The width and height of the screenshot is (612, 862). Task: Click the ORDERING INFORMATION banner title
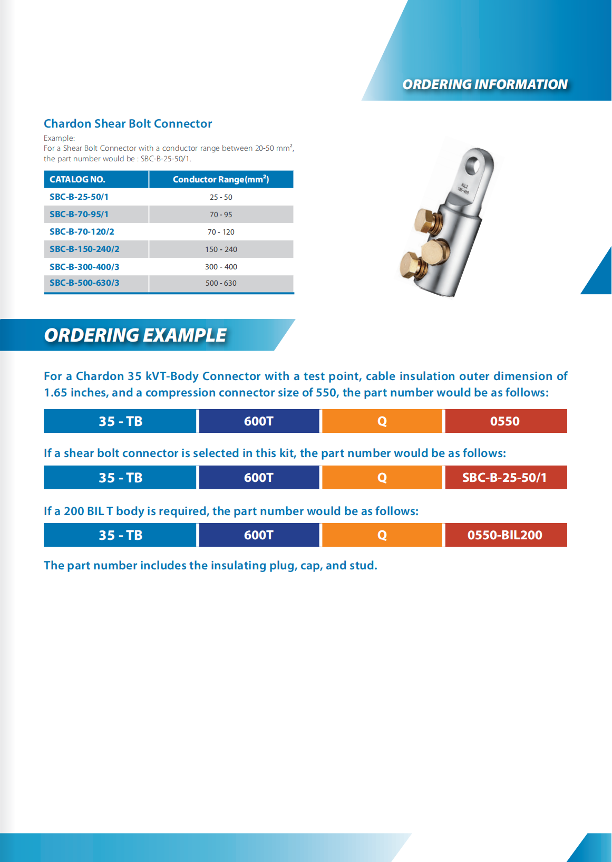(x=484, y=84)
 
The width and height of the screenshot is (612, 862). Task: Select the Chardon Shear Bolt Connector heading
(x=128, y=124)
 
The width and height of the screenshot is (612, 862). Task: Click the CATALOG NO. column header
(x=77, y=179)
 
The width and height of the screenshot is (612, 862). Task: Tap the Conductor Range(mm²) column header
(x=221, y=179)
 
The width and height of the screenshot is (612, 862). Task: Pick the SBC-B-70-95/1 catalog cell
(x=79, y=215)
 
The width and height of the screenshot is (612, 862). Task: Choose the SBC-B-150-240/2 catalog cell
(x=84, y=249)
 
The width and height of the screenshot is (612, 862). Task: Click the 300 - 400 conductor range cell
(x=221, y=267)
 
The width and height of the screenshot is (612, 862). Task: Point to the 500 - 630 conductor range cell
(x=221, y=283)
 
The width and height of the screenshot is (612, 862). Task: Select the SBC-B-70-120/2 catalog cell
(x=82, y=232)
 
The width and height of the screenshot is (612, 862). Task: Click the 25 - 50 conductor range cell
(x=221, y=197)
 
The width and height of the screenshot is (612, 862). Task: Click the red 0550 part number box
(x=505, y=421)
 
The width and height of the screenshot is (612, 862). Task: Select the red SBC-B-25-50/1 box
(x=505, y=478)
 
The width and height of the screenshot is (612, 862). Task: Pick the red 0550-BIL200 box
(x=505, y=535)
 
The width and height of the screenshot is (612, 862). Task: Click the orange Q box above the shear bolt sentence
(x=382, y=421)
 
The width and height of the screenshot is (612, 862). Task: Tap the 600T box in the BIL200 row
(x=259, y=535)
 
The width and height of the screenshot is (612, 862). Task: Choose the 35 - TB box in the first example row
(x=120, y=421)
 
